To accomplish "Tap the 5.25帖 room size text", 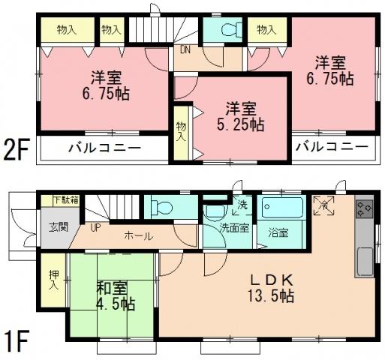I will point(246,123).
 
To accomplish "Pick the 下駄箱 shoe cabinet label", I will point(68,200).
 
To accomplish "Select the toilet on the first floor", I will point(163,206).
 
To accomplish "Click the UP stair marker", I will point(96,226).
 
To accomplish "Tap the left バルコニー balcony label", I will point(106,148).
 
